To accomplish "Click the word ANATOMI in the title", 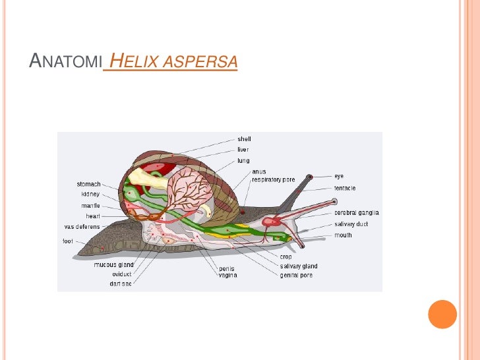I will click(65, 63).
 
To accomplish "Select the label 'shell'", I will click(244, 139).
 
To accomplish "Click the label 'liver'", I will click(243, 150).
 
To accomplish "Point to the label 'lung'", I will click(243, 160).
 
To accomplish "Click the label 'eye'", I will click(338, 176).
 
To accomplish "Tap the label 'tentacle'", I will click(344, 188).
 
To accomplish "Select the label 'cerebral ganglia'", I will click(356, 212).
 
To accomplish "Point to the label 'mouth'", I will click(343, 235).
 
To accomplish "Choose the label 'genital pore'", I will click(296, 275).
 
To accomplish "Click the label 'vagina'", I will click(228, 275).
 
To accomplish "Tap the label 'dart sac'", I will click(121, 284).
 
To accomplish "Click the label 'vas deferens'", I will click(82, 226).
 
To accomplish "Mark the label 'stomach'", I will click(89, 184).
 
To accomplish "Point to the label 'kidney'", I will click(91, 194).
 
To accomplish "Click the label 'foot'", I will click(69, 241).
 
